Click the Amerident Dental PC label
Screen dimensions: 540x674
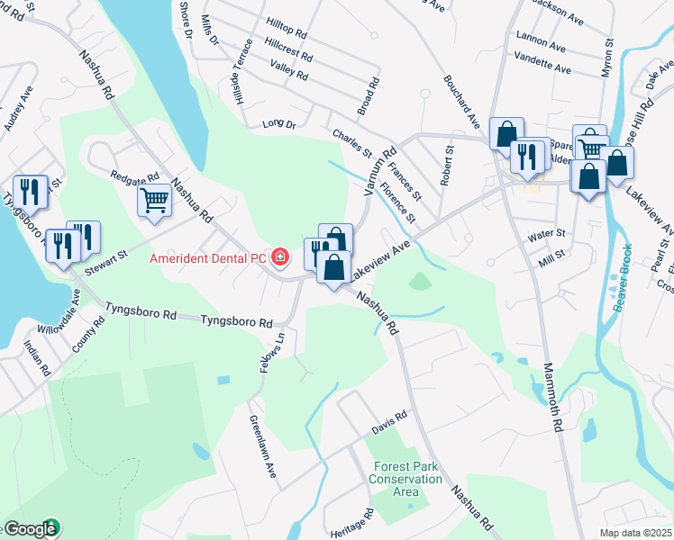[x=207, y=258]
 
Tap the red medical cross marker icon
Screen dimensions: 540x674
[x=280, y=258]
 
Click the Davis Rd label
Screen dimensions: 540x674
[x=389, y=422]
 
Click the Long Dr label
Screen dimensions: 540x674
[x=278, y=123]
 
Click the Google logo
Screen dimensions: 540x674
[x=30, y=529]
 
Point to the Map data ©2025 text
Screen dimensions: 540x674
[x=635, y=533]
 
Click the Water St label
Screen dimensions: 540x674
[x=546, y=234]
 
